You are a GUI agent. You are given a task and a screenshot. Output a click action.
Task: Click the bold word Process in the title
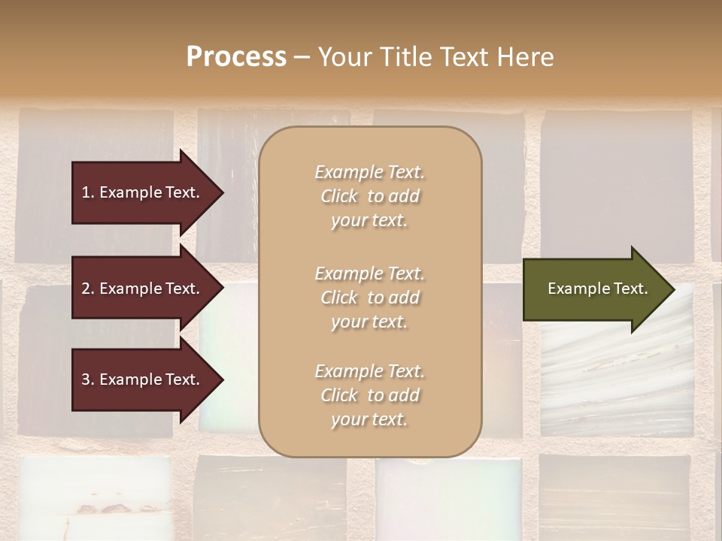coord(236,57)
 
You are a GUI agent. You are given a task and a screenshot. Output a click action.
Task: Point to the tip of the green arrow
coord(672,289)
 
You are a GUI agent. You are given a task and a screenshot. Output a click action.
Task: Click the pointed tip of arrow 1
coord(220,192)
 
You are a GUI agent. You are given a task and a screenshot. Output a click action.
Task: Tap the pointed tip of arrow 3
coord(220,379)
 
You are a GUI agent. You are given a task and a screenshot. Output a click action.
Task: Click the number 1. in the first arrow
coord(88,192)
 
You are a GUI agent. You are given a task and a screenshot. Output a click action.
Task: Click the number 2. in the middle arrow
coord(88,289)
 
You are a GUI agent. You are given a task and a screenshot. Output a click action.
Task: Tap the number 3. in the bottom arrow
coord(88,379)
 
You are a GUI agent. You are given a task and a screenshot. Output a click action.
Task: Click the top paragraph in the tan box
coord(369,196)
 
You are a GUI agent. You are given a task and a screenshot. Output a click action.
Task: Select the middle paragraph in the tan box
coord(369,298)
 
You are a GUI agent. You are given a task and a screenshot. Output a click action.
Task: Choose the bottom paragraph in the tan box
coord(369,395)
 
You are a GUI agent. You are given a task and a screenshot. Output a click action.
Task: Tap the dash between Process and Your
coord(302,57)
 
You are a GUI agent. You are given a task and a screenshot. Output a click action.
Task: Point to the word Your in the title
coord(344,57)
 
